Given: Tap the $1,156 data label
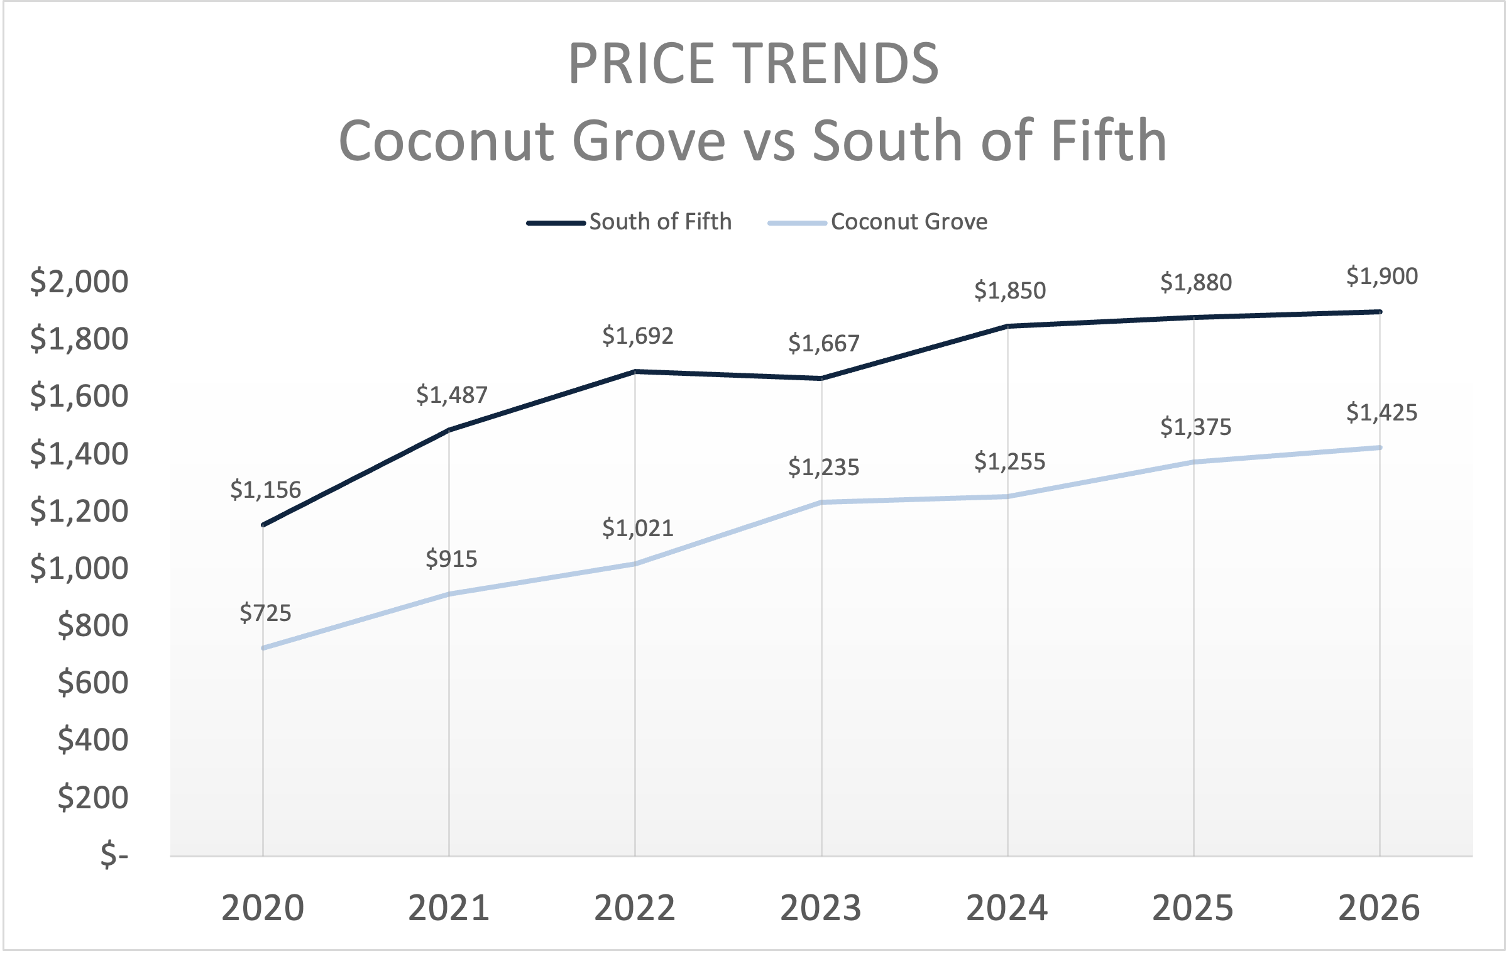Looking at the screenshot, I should coord(265,490).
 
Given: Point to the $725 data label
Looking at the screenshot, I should coord(265,613).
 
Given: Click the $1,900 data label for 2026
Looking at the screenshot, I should coord(1381,277).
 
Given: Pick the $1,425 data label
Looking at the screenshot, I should coord(1381,413).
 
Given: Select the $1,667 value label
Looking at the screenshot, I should coord(823,344).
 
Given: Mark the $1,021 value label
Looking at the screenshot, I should coord(637,529).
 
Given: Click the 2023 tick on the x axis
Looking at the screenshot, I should coord(821,908).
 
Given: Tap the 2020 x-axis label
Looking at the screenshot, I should coord(263,908).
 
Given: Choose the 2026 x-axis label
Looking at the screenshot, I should coord(1379,908).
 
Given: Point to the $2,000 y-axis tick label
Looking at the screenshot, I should coord(79,282).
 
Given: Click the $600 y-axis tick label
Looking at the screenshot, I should coord(93,683).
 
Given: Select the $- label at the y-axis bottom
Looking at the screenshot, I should coord(114,855).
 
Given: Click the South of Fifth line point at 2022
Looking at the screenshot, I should coord(635,371).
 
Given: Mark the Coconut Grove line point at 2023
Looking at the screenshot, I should coord(821,502).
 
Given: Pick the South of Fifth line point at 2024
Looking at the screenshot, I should coord(1007,326).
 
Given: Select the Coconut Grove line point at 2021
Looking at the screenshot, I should coord(449,594).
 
